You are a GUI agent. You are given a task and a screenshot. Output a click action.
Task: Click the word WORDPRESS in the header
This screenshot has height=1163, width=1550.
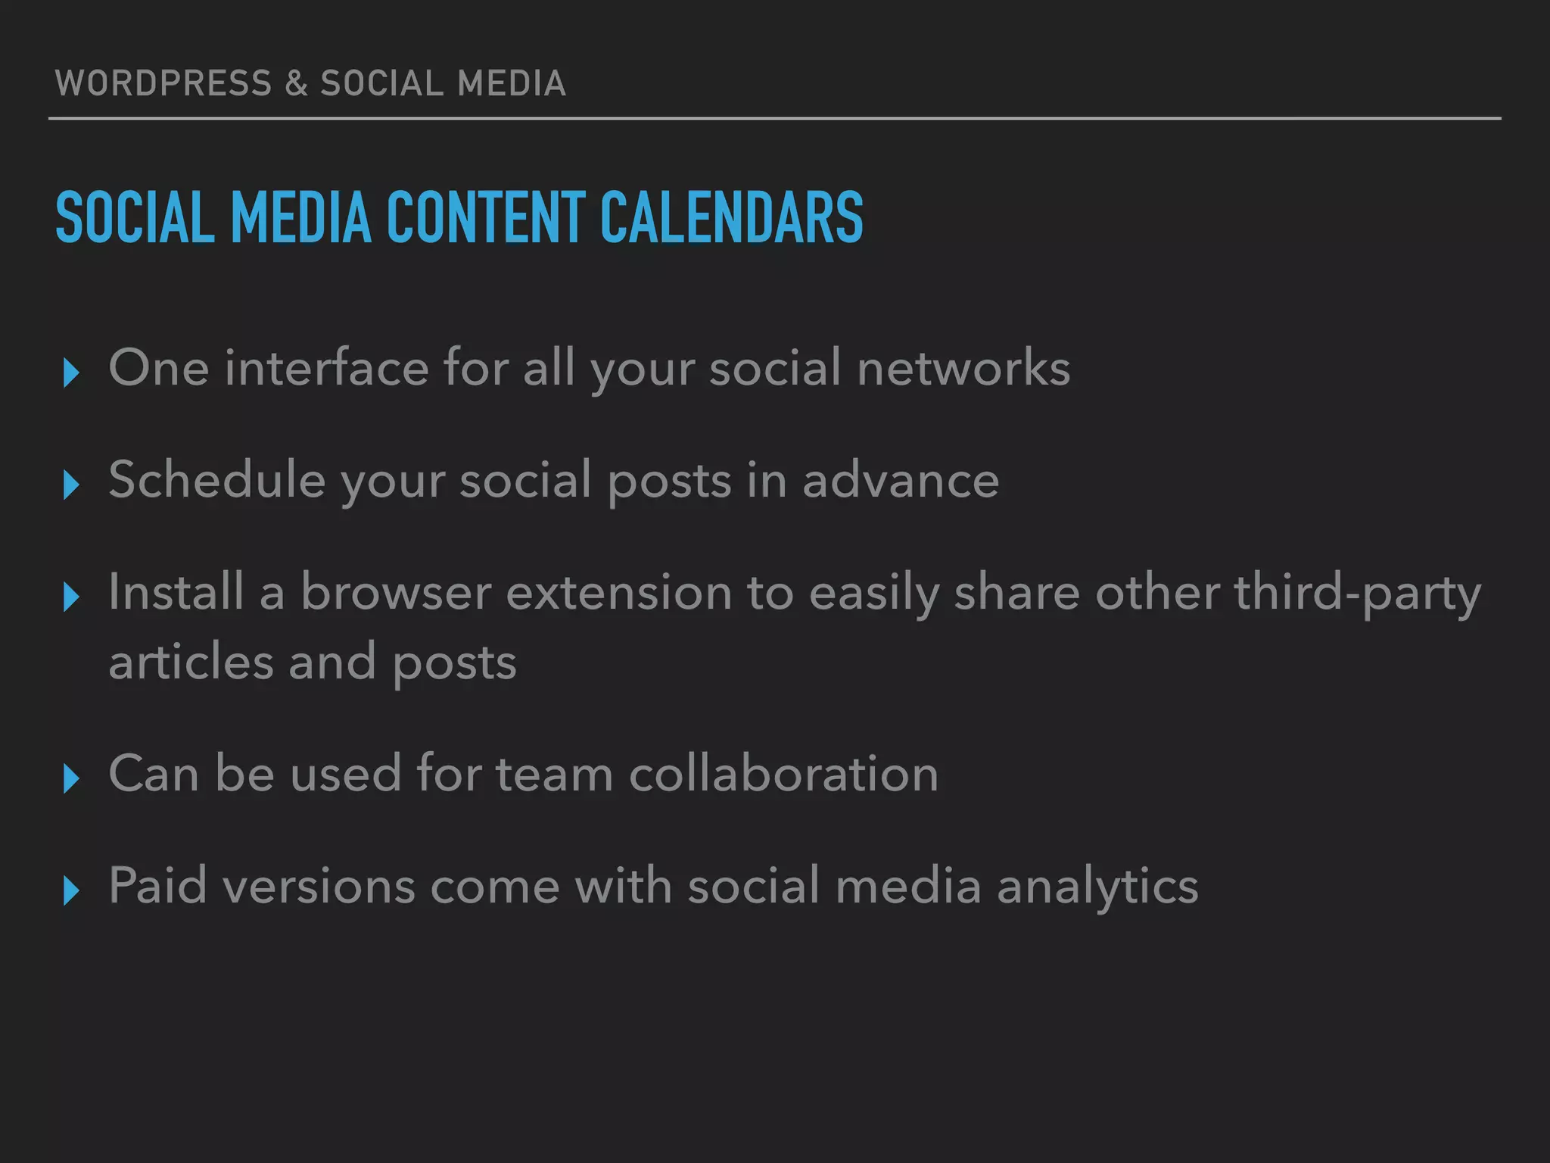click(163, 83)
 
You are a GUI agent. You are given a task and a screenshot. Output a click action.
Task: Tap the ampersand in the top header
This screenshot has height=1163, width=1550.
click(297, 83)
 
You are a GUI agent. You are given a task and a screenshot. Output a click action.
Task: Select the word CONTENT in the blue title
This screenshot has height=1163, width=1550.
click(486, 218)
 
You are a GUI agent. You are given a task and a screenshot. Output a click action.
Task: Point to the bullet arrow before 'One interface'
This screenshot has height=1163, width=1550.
click(71, 373)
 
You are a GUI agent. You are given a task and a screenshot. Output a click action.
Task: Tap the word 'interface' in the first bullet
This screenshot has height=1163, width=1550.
click(326, 368)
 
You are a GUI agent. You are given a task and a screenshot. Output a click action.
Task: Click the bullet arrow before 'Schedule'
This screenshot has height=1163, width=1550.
click(71, 485)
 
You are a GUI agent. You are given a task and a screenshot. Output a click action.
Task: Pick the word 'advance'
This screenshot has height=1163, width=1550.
click(901, 482)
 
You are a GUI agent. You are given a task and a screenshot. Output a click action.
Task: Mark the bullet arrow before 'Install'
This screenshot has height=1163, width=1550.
click(71, 597)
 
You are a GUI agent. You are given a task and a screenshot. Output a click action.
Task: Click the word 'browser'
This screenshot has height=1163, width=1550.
click(396, 592)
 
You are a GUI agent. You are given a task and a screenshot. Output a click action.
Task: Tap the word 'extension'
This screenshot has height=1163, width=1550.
click(618, 592)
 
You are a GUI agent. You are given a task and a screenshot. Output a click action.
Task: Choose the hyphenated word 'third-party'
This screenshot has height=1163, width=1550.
click(1357, 594)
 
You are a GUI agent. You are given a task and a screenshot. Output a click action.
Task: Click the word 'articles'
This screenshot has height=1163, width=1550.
click(191, 662)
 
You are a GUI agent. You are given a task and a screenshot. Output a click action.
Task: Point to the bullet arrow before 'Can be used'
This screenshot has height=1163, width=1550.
click(71, 778)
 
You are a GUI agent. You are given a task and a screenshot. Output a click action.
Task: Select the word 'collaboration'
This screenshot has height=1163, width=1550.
click(783, 774)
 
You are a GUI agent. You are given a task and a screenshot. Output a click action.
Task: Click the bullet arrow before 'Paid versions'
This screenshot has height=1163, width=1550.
click(71, 890)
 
